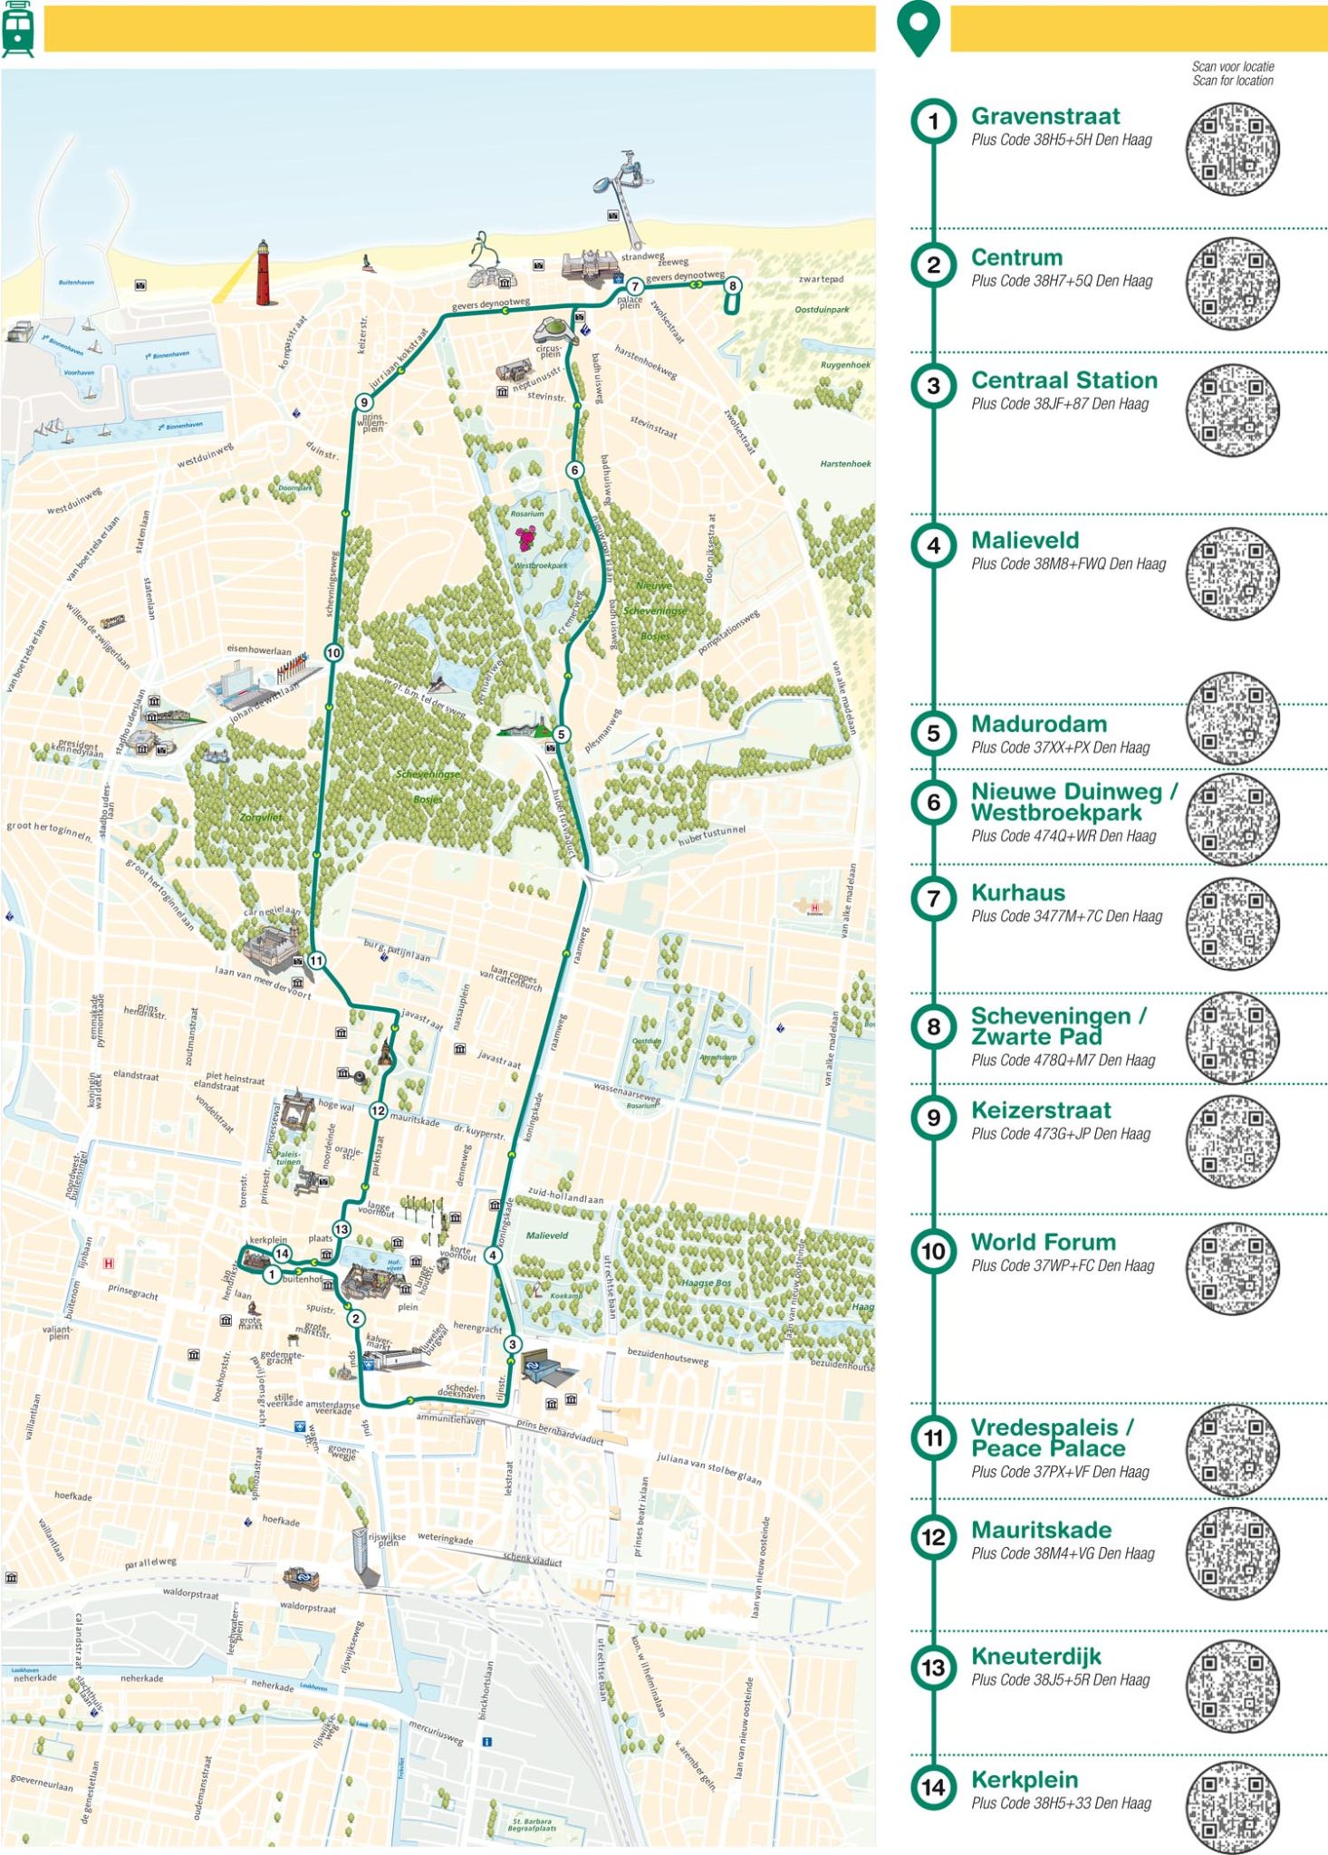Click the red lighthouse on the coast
[263, 274]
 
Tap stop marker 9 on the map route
[364, 403]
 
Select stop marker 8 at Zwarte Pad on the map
[732, 286]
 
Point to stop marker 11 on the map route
[316, 961]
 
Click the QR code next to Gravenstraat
[1233, 149]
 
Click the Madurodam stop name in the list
[1038, 724]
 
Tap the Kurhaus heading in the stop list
[1017, 892]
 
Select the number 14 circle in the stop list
[933, 1788]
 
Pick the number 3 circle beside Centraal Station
[933, 387]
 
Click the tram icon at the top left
[18, 29]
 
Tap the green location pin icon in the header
[919, 29]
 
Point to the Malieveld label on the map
[547, 1235]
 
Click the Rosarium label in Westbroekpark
[527, 514]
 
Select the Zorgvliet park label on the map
[261, 817]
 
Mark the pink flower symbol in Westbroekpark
[526, 539]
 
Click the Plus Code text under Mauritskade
[1063, 1553]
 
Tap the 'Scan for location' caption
[1232, 81]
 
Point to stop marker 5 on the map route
[562, 735]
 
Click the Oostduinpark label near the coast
[822, 310]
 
